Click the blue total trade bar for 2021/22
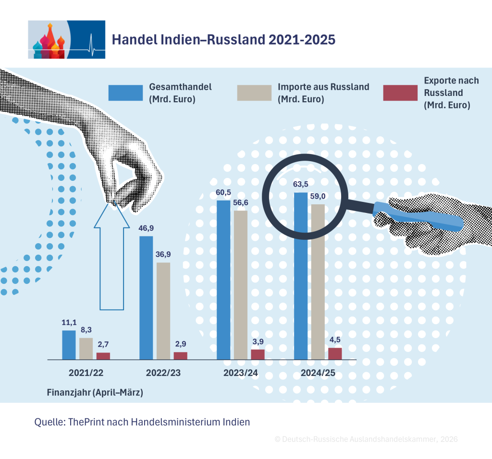pyautogui.click(x=69, y=345)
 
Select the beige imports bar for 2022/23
pyautogui.click(x=163, y=311)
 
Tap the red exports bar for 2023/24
pyautogui.click(x=258, y=354)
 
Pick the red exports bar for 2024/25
pyautogui.click(x=335, y=354)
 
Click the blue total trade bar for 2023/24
pyautogui.click(x=223, y=280)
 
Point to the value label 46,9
pyautogui.click(x=146, y=228)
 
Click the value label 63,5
pyautogui.click(x=301, y=184)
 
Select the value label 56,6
pyautogui.click(x=241, y=203)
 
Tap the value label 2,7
pyautogui.click(x=103, y=345)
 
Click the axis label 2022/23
pyautogui.click(x=163, y=373)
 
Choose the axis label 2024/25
pyautogui.click(x=318, y=373)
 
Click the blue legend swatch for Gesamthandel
pyautogui.click(x=125, y=93)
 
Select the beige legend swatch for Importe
pyautogui.click(x=254, y=93)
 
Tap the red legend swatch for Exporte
pyautogui.click(x=400, y=93)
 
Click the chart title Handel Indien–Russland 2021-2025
pyautogui.click(x=224, y=40)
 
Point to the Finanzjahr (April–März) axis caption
pyautogui.click(x=95, y=393)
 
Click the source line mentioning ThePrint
pyautogui.click(x=142, y=422)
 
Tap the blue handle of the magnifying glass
pyautogui.click(x=418, y=216)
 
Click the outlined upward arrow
pyautogui.click(x=111, y=255)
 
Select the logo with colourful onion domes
pyautogui.click(x=66, y=40)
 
